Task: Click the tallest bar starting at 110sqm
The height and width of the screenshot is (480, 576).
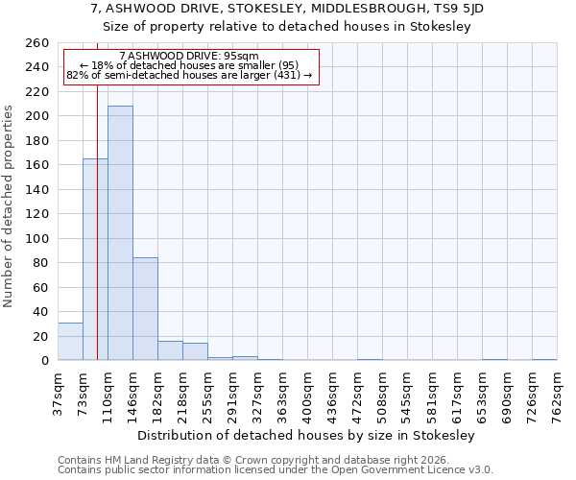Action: tap(120, 233)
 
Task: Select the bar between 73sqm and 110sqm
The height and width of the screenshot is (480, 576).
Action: tap(95, 259)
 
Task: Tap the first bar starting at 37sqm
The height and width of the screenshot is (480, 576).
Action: tap(70, 342)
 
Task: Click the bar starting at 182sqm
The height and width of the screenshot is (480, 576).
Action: tap(170, 351)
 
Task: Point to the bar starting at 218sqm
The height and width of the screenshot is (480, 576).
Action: tap(195, 352)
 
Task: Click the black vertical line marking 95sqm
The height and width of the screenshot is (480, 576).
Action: tap(98, 192)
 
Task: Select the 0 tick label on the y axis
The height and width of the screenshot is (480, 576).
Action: tap(44, 361)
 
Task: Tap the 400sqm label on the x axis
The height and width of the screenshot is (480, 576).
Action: tap(307, 395)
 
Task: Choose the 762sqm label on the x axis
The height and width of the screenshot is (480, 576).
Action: tap(557, 395)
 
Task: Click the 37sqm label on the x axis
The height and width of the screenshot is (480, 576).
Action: tap(58, 395)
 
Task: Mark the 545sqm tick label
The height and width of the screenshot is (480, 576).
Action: tap(407, 395)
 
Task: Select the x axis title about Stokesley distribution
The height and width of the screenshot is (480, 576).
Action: tap(306, 435)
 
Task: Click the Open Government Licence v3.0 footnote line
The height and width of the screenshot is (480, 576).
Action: tap(276, 470)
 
